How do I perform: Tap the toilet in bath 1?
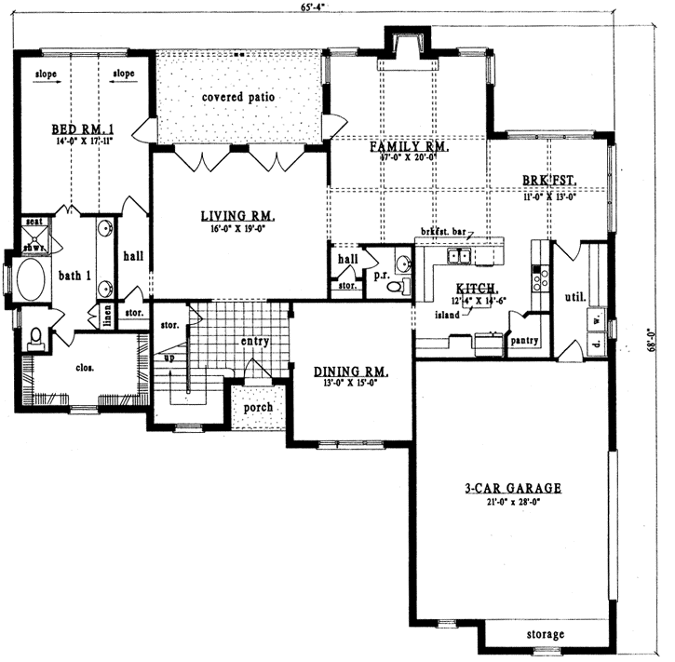coord(35,337)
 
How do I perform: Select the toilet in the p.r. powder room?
coord(397,287)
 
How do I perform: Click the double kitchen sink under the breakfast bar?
coord(460,256)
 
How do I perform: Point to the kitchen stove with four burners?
coord(539,277)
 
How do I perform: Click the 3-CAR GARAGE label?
coord(511,487)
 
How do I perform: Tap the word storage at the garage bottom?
coord(545,635)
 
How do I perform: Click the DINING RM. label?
coord(351,371)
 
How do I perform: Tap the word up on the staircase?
coord(168,358)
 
